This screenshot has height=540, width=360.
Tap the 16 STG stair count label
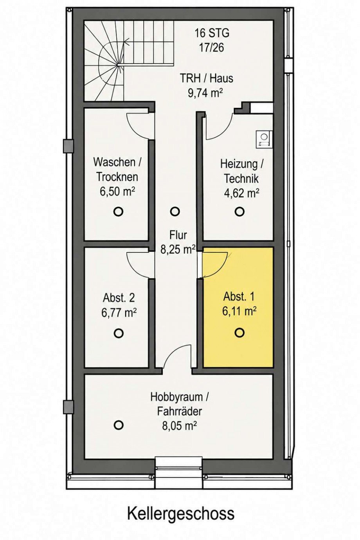pyautogui.click(x=212, y=33)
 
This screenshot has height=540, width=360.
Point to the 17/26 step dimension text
pyautogui.click(x=211, y=47)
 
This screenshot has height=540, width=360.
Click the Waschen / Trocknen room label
pyautogui.click(x=117, y=169)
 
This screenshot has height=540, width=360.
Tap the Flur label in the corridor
pyautogui.click(x=178, y=235)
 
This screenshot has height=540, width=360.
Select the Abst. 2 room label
pyautogui.click(x=119, y=298)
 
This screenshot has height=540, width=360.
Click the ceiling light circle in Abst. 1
pyautogui.click(x=239, y=333)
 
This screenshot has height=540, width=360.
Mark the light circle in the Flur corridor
pyautogui.click(x=175, y=211)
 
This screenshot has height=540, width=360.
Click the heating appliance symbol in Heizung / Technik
pyautogui.click(x=264, y=139)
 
